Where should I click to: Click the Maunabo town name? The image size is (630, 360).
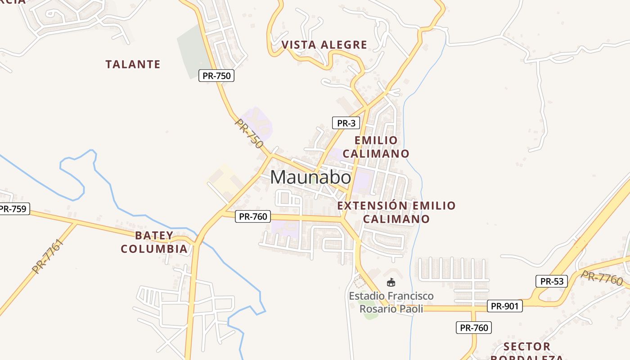310,177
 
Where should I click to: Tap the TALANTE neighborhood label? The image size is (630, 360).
133,64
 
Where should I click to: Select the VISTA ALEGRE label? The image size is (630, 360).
324,45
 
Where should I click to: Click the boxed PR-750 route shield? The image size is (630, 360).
216,76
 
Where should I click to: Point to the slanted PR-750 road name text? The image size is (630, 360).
249,134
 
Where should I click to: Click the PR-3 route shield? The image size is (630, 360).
346,123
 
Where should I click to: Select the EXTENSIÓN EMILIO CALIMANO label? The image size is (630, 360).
396,212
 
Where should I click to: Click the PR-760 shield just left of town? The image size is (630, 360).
253,216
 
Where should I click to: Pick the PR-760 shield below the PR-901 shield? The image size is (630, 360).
474,328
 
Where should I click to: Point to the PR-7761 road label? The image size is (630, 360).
48,256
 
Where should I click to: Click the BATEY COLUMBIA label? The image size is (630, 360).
154,242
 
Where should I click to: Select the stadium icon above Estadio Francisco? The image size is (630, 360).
391,282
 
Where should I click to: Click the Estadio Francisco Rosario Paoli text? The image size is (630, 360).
391,302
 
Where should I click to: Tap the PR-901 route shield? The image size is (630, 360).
504,306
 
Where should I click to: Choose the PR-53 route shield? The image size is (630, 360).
552,282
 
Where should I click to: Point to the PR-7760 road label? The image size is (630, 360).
602,278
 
